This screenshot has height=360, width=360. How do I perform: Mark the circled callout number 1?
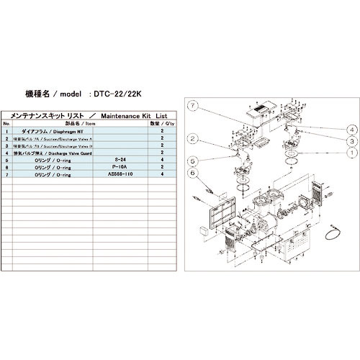351,153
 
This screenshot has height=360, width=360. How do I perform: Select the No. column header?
6,124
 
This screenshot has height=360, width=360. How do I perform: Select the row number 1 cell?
6,132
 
